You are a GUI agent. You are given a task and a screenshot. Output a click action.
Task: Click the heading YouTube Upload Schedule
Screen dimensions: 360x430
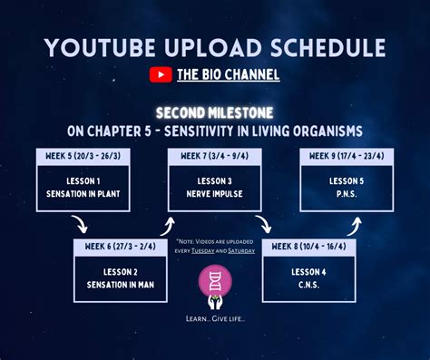(x=215, y=47)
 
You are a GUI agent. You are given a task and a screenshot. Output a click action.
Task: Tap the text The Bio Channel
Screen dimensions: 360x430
(x=227, y=75)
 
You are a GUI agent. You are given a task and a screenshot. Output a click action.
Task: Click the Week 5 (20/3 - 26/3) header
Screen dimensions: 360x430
(x=81, y=157)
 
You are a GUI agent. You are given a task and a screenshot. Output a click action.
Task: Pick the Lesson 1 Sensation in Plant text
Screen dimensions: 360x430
(x=81, y=188)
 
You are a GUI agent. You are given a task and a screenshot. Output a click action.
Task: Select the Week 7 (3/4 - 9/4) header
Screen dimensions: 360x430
(x=214, y=157)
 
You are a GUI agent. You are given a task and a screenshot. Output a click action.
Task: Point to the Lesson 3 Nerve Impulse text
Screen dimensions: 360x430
(x=214, y=188)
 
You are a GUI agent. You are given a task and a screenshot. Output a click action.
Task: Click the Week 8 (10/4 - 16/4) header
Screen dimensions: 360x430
(x=308, y=246)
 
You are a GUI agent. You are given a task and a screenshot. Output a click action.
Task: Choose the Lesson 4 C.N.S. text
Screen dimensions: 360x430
(x=308, y=277)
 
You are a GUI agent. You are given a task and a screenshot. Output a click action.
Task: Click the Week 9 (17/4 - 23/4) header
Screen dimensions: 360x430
(x=347, y=157)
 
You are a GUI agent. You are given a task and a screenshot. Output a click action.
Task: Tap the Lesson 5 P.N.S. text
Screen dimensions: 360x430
(x=347, y=188)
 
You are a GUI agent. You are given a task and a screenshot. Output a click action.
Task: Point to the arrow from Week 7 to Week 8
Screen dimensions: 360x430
(x=263, y=226)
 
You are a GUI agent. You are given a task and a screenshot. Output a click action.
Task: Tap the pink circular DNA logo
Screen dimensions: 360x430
(x=215, y=281)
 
